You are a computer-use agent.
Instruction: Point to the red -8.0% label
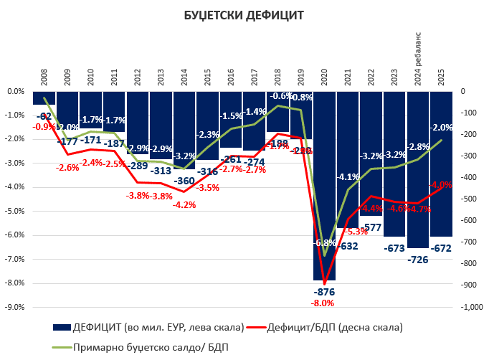coord(324,303)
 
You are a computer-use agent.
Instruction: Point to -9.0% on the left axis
coord(16,306)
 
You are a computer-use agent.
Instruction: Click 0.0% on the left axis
coord(16,91)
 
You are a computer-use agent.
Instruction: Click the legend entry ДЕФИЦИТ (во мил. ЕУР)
coord(147,327)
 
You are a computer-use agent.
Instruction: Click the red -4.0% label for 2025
coord(440,185)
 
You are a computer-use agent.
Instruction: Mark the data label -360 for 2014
coord(184,181)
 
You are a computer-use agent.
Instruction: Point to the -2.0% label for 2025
coord(440,127)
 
